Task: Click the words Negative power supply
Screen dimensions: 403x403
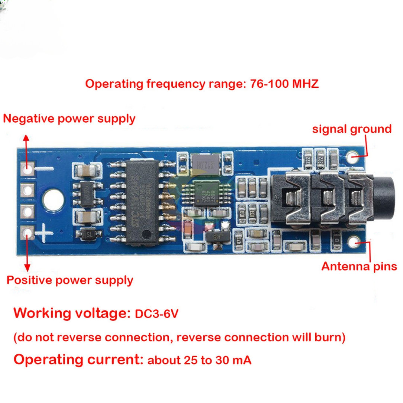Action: point(69,119)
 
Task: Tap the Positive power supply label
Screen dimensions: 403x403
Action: point(70,280)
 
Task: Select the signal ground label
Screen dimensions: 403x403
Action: point(352,129)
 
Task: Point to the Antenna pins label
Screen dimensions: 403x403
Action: point(359,266)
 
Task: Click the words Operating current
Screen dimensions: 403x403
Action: point(78,360)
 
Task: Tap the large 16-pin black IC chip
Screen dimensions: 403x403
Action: point(142,202)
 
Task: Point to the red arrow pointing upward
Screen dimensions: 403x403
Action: point(26,147)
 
